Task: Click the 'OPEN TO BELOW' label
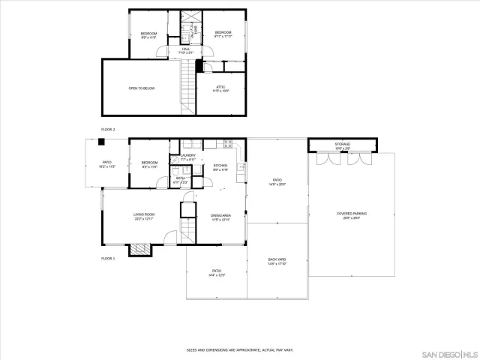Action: tap(141, 88)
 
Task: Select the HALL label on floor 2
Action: tap(185, 50)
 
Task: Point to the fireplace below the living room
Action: tap(139, 250)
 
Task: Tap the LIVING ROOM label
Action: tap(143, 217)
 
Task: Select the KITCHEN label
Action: tap(220, 166)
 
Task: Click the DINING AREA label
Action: tap(220, 217)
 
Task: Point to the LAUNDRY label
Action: tap(187, 157)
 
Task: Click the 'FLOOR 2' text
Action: tap(108, 129)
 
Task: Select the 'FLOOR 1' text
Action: tap(108, 258)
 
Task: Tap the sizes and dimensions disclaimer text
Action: tap(240, 349)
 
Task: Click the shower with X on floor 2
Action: tap(192, 17)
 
